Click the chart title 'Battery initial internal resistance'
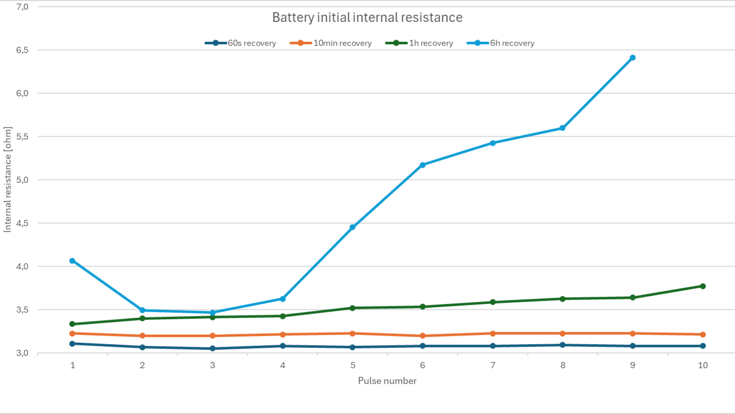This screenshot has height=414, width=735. coord(367,17)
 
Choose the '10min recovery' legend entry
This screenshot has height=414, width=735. coord(331,43)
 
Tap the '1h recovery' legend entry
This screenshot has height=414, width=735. coord(420,43)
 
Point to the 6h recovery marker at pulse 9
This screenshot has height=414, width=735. coord(632,58)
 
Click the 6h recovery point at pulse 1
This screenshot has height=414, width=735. coord(72,261)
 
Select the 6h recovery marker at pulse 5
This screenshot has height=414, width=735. coord(353,227)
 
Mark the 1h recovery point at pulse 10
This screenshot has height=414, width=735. coord(703,286)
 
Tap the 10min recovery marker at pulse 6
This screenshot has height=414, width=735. coord(423,336)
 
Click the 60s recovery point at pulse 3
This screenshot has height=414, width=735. coord(212,348)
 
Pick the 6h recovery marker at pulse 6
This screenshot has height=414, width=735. coord(423,165)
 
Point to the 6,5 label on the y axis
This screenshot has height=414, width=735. coord(22,50)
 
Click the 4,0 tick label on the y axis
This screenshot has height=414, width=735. coord(22,266)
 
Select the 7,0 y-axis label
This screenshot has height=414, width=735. coord(22,7)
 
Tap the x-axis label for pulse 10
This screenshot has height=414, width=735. coord(703,365)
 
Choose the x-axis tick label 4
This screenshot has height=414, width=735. coord(283,365)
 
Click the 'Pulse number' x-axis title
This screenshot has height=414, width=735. coord(387,381)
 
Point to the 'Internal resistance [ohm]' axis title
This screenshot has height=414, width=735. coord(8,179)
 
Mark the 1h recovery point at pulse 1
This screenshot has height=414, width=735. coord(72,324)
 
